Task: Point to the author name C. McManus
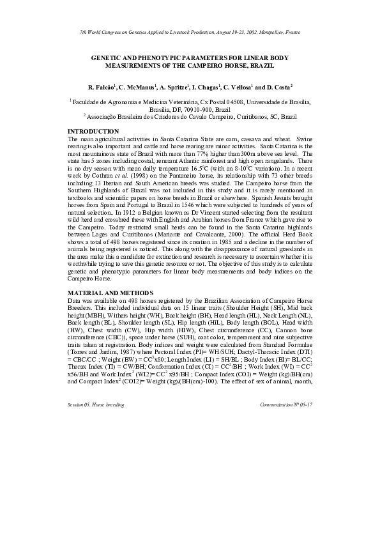pos(139,85)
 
